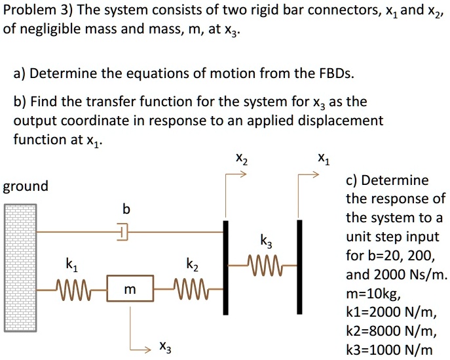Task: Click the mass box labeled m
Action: pyautogui.click(x=130, y=289)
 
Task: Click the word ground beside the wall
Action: pyautogui.click(x=26, y=186)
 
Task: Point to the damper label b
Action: pyautogui.click(x=126, y=209)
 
